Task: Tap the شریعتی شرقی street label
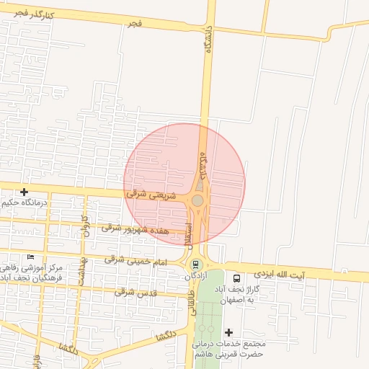pos(146,194)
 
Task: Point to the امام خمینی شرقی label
pos(135,259)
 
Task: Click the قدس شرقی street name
pos(135,292)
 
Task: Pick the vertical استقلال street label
pos(189,233)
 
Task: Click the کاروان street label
pos(85,226)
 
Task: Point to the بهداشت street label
pos(83,268)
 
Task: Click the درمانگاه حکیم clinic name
pos(25,203)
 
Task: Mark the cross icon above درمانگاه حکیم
pos(25,192)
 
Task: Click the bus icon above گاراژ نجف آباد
pos(237,278)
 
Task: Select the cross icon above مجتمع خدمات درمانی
pos(229,332)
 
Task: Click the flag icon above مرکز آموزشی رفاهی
pos(30,257)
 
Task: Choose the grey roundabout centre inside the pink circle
pos(197,200)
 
